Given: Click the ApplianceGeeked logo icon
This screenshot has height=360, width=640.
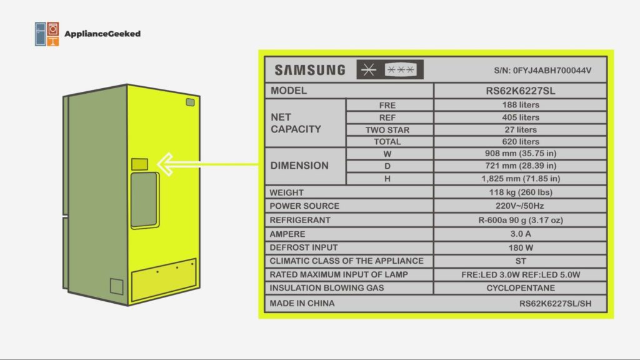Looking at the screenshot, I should (47, 34).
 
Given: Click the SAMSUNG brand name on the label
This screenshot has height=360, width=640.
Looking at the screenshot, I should (309, 70).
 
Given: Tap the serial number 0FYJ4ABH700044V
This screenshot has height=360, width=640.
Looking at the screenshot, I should (542, 71).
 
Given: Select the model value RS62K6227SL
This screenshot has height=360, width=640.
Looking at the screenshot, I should (520, 91).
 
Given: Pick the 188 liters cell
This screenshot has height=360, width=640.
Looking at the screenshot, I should (520, 105).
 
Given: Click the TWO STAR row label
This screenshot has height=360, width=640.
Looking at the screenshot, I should (387, 130).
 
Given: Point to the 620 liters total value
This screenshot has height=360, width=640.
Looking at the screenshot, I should (520, 142).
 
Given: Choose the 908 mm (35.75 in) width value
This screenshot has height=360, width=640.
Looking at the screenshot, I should (520, 154).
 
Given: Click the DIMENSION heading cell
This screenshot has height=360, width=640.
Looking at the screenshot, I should (299, 166).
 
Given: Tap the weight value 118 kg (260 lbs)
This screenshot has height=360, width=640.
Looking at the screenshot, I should (520, 192).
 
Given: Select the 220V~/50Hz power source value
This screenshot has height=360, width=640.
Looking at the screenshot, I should (520, 206).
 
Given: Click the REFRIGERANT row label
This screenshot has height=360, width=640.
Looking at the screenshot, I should (300, 220).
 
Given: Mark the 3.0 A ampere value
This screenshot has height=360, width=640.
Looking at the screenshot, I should (520, 234).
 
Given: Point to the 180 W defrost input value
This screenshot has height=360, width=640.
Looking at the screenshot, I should (520, 247).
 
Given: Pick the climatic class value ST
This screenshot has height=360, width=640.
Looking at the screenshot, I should (520, 261).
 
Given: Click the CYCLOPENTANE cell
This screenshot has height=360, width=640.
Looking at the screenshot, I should (520, 288).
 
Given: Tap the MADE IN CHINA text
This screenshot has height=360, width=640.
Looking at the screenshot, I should (302, 303).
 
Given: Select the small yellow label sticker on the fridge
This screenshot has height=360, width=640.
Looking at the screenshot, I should (140, 165).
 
